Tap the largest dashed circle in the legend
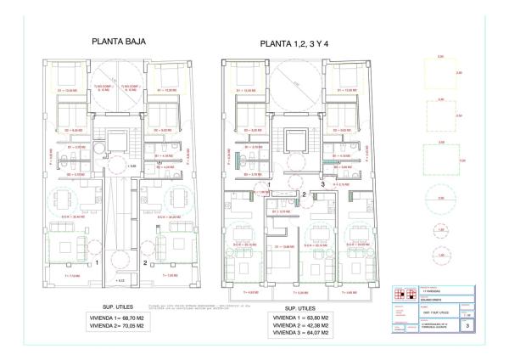pos(440,201)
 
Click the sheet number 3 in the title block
pos(467,324)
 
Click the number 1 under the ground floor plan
pos(98,263)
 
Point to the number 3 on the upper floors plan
pos(323,183)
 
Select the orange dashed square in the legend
pos(440,115)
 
